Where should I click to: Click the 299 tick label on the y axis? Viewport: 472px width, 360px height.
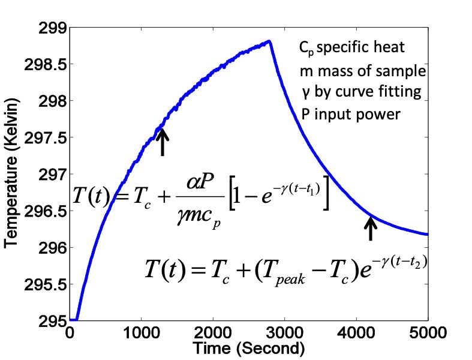click(x=51, y=27)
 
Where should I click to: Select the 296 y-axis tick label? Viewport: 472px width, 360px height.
click(x=51, y=248)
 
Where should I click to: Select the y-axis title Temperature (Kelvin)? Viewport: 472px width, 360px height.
click(x=13, y=174)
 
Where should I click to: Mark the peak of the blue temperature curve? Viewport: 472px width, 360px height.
click(x=270, y=41)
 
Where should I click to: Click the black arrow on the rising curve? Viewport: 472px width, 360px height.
click(x=163, y=142)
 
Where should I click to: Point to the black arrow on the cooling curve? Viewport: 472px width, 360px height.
click(x=371, y=228)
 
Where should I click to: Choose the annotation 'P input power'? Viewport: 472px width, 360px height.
click(x=350, y=114)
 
